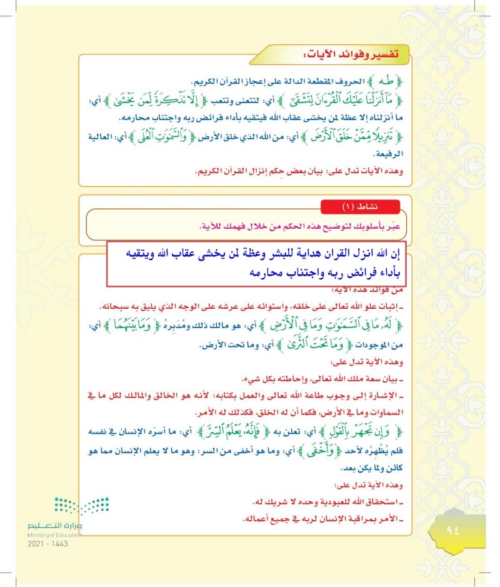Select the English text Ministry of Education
54,535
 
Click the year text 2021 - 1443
47,544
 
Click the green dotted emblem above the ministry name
81,504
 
